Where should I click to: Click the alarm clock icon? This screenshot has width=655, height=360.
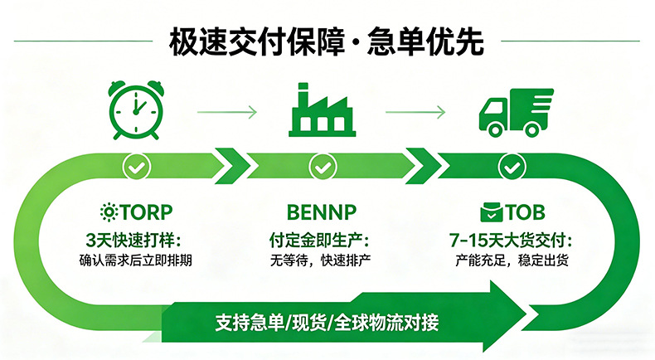(x=136, y=110)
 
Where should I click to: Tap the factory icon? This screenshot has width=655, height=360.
(x=322, y=110)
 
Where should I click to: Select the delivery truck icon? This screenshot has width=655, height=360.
(x=516, y=112)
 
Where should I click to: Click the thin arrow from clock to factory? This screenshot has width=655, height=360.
(x=227, y=112)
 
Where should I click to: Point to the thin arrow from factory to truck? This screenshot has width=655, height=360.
(x=415, y=112)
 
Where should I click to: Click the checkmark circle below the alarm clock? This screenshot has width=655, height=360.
(x=136, y=168)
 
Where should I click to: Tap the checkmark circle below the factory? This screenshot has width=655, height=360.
(x=323, y=168)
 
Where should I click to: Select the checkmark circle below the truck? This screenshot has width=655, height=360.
(x=512, y=168)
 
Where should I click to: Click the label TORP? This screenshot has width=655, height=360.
(x=146, y=212)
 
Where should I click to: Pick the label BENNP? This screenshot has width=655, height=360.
(x=322, y=212)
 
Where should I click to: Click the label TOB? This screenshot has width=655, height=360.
(x=526, y=212)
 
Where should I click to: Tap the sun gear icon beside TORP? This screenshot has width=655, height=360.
(x=109, y=212)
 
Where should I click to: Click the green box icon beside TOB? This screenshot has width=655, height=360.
(x=492, y=212)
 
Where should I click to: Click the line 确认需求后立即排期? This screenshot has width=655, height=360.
(x=136, y=260)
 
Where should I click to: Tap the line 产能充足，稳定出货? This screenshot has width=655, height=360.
(x=512, y=260)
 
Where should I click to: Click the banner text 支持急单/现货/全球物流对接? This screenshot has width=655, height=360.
(x=327, y=323)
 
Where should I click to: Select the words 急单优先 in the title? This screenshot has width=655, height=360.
(x=425, y=41)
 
